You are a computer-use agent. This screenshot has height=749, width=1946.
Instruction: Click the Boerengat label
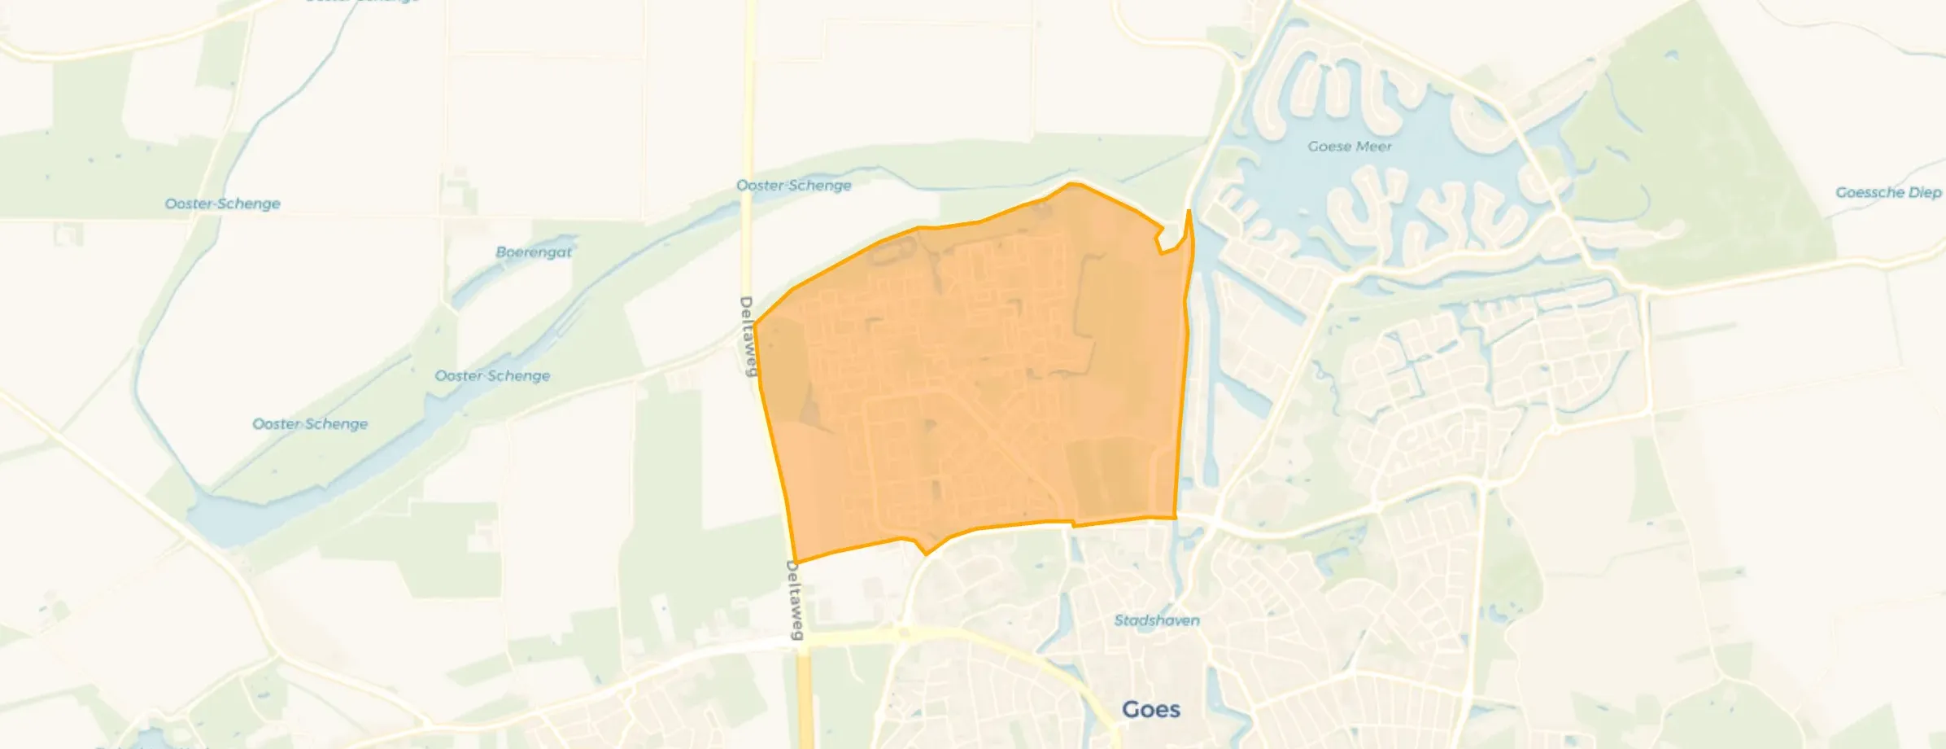(534, 252)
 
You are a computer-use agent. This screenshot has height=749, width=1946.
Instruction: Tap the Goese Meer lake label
(1350, 147)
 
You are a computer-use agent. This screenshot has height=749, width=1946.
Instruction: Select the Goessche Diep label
(1887, 193)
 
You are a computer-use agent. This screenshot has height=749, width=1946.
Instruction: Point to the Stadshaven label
(1156, 620)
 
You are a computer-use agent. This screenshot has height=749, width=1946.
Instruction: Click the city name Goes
(1150, 710)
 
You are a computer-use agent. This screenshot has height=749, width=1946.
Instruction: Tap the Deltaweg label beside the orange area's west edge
(747, 336)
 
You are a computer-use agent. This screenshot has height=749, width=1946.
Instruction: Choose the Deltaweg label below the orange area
(794, 599)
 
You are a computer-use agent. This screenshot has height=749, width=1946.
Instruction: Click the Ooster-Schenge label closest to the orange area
(793, 186)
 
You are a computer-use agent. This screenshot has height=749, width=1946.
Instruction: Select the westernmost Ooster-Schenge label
(222, 204)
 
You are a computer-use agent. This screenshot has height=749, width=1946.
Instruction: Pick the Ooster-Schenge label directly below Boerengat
(492, 376)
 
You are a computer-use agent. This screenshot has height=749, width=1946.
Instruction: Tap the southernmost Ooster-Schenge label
(310, 424)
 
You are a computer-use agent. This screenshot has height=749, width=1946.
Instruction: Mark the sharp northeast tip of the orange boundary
(1189, 211)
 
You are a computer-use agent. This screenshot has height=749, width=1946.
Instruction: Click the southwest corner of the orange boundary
(795, 563)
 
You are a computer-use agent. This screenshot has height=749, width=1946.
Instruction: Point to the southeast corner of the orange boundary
(1176, 517)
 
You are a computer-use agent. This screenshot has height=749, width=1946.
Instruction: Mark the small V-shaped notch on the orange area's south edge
(925, 554)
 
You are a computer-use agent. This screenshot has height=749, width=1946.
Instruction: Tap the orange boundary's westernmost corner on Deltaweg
(754, 326)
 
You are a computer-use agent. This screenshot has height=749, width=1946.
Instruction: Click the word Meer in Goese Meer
(1373, 147)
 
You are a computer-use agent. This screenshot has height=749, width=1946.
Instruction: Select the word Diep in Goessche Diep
(1924, 193)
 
